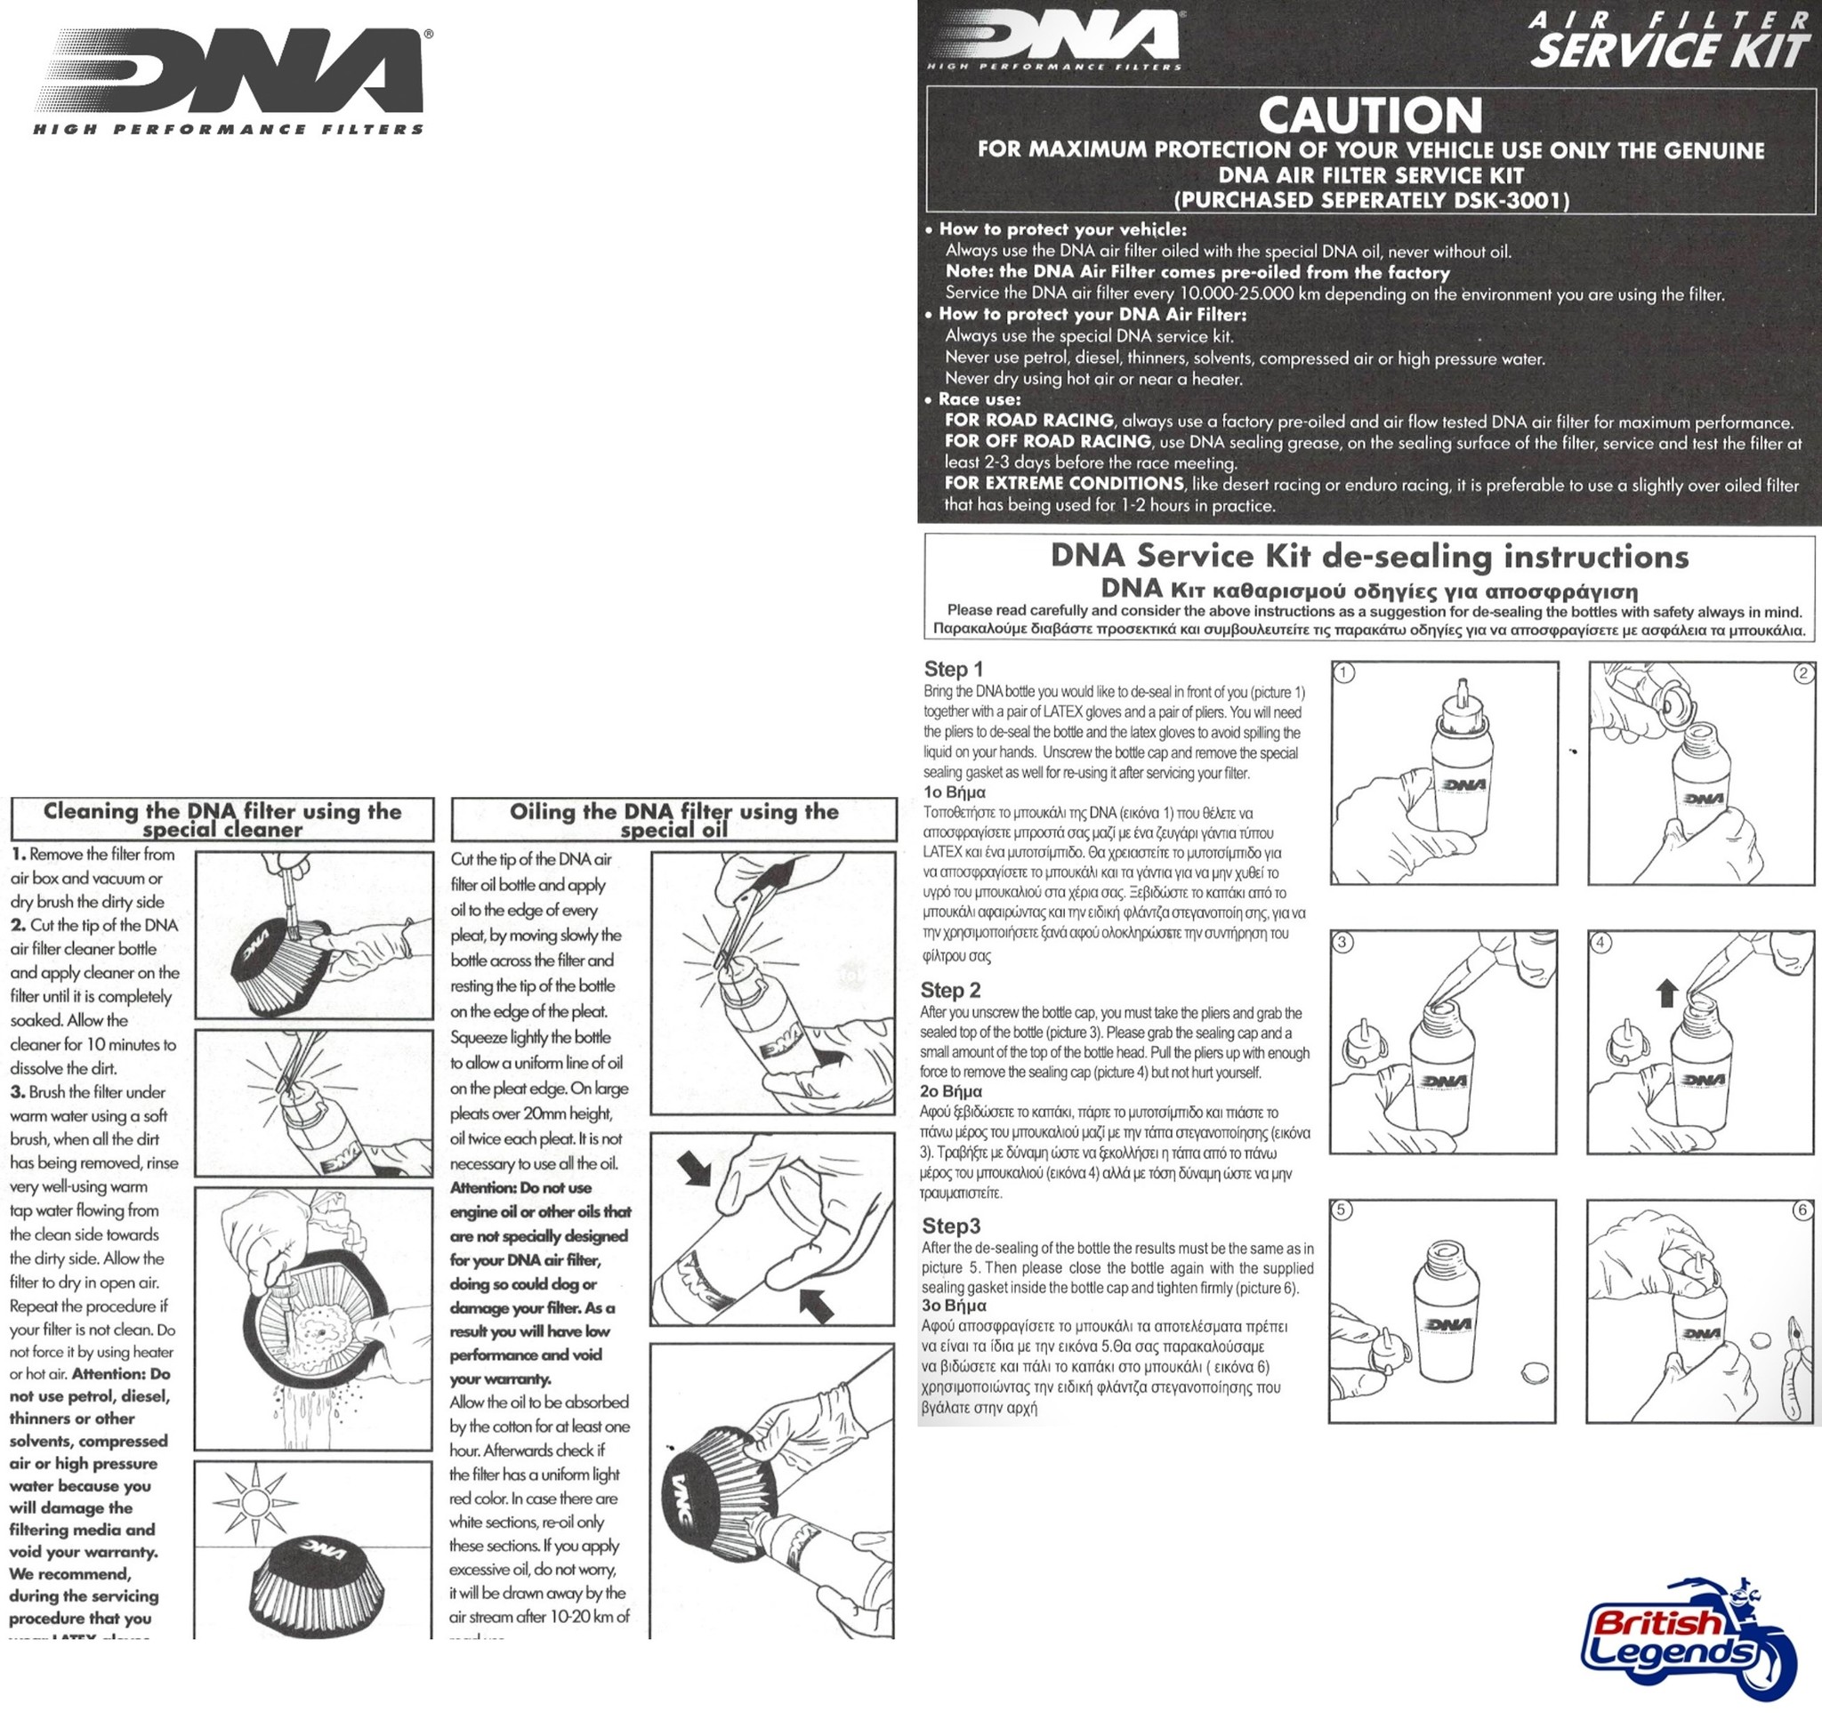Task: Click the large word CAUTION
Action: tap(1370, 117)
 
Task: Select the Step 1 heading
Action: tap(953, 670)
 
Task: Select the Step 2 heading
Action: tap(950, 990)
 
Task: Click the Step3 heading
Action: tap(951, 1226)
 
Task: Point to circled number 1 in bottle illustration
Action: tap(1343, 673)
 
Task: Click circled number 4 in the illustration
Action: tap(1601, 943)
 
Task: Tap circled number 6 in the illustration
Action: tap(1802, 1210)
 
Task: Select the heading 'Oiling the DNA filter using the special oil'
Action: tap(674, 820)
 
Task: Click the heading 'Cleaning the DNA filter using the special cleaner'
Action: tap(222, 820)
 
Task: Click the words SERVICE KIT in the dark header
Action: tap(1670, 52)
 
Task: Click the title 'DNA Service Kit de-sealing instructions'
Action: tap(1369, 557)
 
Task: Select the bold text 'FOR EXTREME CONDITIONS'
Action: tap(1064, 483)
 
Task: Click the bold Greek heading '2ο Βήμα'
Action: tap(950, 1091)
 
